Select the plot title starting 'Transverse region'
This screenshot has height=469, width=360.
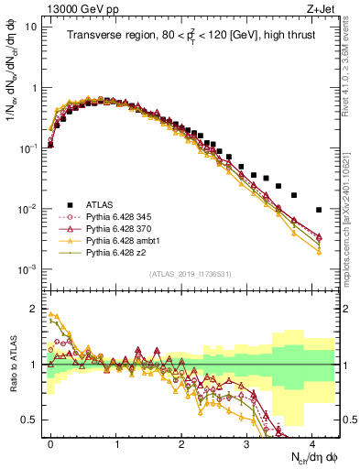coord(193,37)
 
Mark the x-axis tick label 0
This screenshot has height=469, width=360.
coord(50,442)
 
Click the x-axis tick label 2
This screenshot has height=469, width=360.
coord(181,442)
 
